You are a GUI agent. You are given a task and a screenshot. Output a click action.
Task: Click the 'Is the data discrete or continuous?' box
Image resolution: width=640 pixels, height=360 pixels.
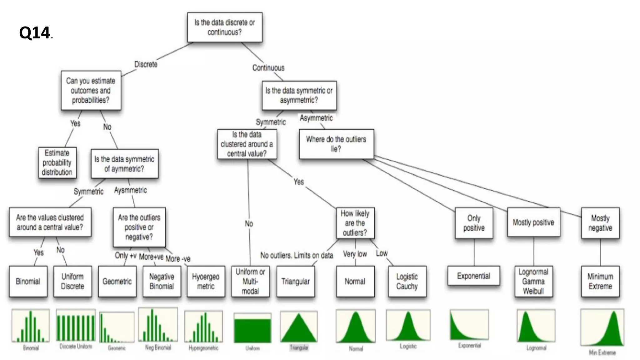click(x=225, y=27)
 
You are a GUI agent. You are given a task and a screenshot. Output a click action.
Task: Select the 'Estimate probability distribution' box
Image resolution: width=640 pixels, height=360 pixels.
click(x=57, y=162)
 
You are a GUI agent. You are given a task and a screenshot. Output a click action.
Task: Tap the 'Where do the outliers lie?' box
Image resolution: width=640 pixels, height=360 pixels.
click(x=336, y=144)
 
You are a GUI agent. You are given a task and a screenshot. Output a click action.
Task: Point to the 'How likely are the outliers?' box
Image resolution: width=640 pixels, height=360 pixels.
click(x=355, y=223)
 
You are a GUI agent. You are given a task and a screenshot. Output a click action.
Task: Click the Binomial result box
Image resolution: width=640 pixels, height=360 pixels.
click(x=28, y=281)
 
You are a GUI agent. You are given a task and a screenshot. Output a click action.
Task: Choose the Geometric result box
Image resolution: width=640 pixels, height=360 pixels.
click(x=117, y=281)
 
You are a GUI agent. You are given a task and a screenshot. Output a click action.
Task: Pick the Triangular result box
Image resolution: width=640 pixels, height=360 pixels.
click(x=295, y=281)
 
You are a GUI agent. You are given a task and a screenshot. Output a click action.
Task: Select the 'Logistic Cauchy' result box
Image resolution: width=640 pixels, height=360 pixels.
click(x=407, y=281)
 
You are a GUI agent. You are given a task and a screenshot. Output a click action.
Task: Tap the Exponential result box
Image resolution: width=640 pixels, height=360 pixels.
click(x=473, y=276)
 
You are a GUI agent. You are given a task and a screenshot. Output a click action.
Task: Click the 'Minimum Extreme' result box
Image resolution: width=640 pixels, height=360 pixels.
click(x=600, y=281)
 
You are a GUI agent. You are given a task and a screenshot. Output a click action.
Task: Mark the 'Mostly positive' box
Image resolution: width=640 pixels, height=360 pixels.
click(x=533, y=222)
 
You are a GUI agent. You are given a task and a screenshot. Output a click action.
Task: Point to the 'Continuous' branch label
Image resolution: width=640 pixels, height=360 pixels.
click(x=268, y=68)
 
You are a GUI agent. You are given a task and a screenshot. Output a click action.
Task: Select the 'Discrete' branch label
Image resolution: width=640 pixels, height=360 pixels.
click(x=146, y=64)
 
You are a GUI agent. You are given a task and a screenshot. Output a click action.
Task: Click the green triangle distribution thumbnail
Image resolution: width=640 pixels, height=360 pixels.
click(x=299, y=327)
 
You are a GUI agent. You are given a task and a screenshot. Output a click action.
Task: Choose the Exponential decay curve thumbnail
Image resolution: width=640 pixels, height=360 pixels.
click(x=469, y=325)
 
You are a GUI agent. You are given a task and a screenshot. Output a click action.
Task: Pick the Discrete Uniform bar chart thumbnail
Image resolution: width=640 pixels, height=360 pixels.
click(x=76, y=326)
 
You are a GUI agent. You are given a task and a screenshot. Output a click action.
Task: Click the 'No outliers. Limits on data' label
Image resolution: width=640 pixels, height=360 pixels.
click(x=297, y=255)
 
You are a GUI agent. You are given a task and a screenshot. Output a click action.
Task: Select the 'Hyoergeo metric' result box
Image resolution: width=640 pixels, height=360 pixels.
click(x=206, y=281)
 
